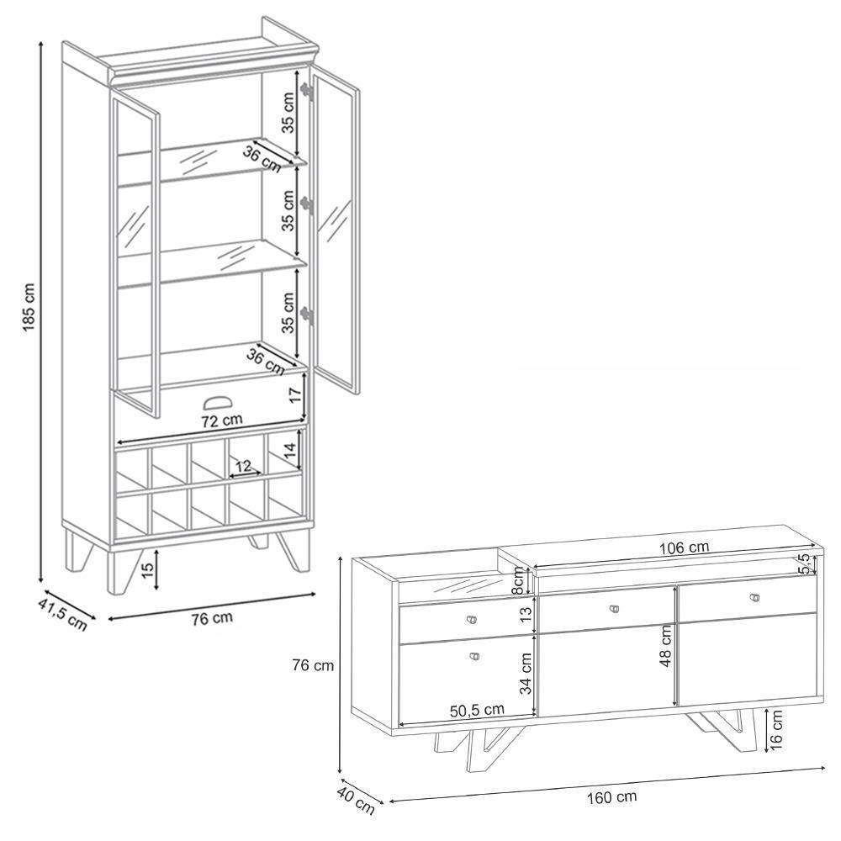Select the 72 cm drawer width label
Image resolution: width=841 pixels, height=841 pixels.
tap(220, 419)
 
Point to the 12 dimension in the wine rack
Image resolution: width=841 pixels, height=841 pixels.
tap(242, 466)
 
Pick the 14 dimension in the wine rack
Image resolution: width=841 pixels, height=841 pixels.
tap(289, 453)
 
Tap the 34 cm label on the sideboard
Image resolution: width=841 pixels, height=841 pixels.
tap(526, 672)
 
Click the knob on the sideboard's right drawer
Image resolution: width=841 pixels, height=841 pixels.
tap(754, 598)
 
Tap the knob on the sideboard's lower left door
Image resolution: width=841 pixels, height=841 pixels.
tap(473, 656)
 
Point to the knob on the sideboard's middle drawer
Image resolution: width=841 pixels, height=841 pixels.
tap(613, 607)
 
